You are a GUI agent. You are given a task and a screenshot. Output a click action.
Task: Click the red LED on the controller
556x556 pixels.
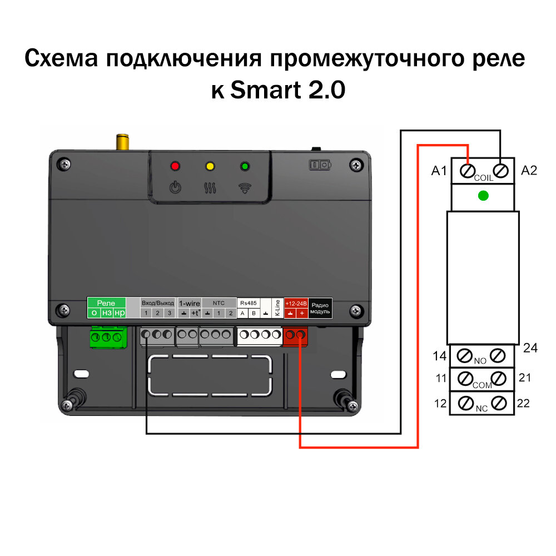click(x=176, y=166)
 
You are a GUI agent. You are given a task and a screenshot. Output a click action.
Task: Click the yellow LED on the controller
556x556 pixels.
click(x=210, y=166)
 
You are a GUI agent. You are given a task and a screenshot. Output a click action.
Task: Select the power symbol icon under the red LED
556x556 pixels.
click(x=175, y=187)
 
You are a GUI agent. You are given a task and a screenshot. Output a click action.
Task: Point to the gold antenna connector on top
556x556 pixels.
click(x=122, y=142)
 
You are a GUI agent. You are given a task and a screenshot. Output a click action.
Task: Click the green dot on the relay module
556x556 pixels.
click(x=483, y=196)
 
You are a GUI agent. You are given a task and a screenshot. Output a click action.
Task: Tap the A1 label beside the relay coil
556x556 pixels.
click(x=439, y=171)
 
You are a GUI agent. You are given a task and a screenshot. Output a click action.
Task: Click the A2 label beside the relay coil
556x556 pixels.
click(x=529, y=171)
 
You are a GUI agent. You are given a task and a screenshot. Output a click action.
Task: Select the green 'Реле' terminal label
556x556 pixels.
click(x=106, y=303)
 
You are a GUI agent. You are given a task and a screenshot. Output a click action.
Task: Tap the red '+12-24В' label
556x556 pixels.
click(x=296, y=303)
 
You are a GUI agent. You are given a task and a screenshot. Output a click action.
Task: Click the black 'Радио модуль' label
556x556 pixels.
click(x=320, y=308)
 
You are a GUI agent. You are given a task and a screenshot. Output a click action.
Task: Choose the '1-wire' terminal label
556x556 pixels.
click(x=189, y=303)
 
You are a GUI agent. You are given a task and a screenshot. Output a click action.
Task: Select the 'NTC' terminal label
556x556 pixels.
click(x=219, y=303)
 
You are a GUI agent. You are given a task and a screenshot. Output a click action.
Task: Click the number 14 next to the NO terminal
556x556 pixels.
click(x=440, y=355)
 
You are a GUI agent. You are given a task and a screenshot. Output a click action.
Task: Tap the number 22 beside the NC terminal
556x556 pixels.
click(x=523, y=403)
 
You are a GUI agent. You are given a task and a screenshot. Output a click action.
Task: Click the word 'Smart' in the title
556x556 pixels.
click(x=261, y=90)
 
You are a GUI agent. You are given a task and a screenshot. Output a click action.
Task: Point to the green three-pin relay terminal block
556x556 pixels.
click(x=106, y=337)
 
